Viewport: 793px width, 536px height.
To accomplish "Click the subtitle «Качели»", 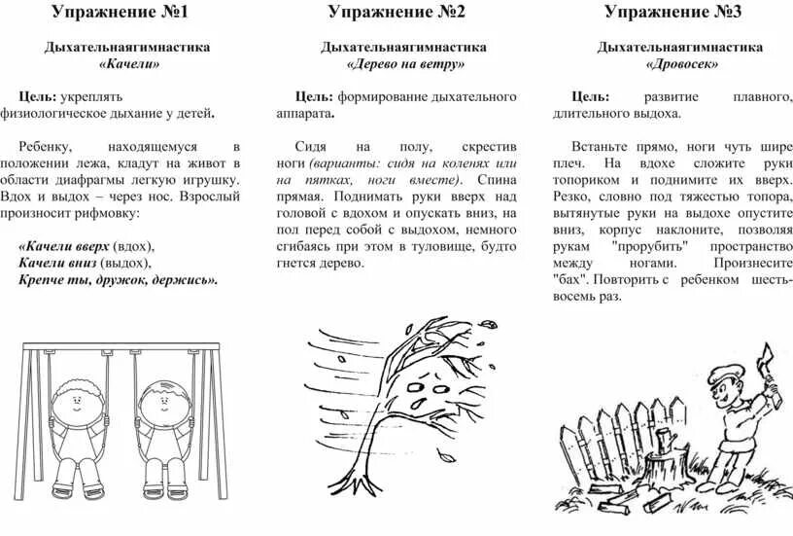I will click(128, 64).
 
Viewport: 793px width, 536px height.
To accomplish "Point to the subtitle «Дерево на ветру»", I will click(404, 64).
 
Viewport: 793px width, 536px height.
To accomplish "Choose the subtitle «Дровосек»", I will click(681, 64).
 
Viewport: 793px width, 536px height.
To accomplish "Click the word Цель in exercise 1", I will click(37, 97).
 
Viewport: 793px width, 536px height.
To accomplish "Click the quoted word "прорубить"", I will click(650, 246).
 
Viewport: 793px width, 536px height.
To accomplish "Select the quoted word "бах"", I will click(570, 280).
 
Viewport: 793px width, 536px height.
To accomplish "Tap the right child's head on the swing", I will click(157, 400).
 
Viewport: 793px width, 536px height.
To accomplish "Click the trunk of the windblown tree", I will click(385, 409).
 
